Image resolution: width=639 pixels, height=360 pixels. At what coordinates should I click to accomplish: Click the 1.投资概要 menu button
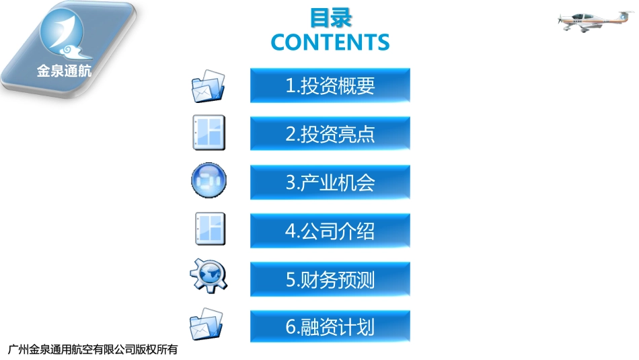(x=330, y=85)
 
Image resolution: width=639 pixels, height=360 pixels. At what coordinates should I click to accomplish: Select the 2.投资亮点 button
(x=330, y=134)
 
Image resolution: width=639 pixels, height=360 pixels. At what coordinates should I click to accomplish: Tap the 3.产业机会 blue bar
(x=330, y=182)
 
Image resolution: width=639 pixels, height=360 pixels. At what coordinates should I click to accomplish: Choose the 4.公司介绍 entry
(x=330, y=231)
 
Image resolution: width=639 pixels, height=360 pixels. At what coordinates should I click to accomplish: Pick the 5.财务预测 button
(x=330, y=279)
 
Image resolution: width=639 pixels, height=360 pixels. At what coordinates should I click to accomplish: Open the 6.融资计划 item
(x=330, y=327)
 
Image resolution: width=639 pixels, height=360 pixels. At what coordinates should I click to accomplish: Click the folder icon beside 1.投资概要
(x=209, y=86)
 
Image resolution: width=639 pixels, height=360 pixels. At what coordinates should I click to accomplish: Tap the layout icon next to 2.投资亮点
(x=209, y=133)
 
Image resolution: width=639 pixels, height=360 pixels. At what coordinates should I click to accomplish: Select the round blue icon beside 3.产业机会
(x=209, y=181)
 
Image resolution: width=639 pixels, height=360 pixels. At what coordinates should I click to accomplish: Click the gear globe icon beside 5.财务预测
(x=209, y=275)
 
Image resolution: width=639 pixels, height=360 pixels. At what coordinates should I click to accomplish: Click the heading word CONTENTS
(x=330, y=42)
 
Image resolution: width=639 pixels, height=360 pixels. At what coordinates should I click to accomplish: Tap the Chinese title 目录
(x=330, y=17)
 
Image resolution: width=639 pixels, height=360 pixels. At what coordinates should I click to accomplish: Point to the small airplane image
(x=589, y=21)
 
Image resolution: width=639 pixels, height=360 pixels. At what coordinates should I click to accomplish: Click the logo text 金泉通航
(x=64, y=71)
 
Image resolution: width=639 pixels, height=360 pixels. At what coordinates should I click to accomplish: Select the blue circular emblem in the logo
(x=62, y=34)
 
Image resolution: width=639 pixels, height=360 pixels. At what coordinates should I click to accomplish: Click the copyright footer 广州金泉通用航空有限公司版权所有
(x=92, y=349)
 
